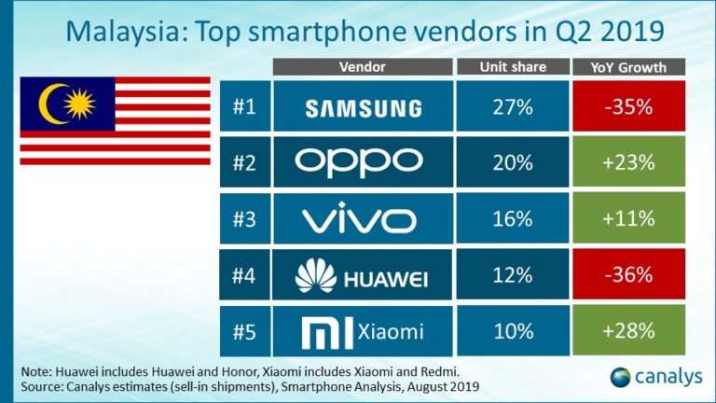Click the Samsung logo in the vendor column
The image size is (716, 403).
tap(364, 109)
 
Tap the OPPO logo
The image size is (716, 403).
tap(359, 162)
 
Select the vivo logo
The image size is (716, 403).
tap(359, 220)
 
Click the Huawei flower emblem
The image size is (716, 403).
tap(316, 275)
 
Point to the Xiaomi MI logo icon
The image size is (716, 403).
tap(327, 333)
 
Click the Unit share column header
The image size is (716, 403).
tap(513, 67)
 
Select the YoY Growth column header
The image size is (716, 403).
tap(628, 67)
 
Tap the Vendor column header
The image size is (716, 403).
tap(363, 67)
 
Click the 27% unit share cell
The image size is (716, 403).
tap(513, 106)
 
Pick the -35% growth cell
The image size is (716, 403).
tap(628, 106)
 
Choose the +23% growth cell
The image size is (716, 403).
tap(628, 161)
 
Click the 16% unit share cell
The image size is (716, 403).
tap(513, 218)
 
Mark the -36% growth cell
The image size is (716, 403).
tap(628, 274)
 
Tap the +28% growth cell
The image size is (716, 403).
tap(628, 330)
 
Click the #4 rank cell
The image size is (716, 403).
tap(244, 274)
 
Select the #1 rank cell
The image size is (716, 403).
tap(245, 106)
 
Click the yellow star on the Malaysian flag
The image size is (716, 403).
tap(79, 104)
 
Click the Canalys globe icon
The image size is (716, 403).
tap(620, 378)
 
